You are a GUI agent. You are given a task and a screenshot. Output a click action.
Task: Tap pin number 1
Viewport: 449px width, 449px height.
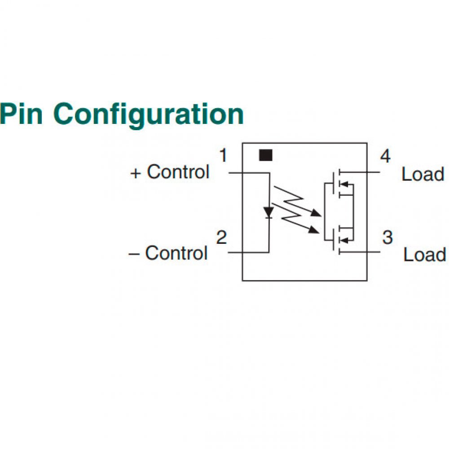click(223, 156)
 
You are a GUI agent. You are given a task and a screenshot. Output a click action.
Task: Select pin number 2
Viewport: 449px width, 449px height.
click(221, 238)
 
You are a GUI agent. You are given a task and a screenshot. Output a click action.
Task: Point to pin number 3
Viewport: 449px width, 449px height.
click(387, 237)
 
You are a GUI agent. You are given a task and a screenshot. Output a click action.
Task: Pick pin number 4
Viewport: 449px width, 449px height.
click(385, 156)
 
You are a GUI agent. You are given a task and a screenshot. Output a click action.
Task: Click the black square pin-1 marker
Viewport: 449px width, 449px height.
click(266, 155)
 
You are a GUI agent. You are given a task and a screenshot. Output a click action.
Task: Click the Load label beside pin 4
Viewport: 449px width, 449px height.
click(423, 174)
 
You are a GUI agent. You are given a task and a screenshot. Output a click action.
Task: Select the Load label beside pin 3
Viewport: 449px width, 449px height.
click(424, 255)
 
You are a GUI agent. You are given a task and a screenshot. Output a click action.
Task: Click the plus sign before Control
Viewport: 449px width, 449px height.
click(136, 173)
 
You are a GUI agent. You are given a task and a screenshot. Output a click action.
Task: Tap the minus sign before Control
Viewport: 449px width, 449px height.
click(134, 254)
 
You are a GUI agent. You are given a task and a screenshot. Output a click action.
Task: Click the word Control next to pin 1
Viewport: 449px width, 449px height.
click(178, 172)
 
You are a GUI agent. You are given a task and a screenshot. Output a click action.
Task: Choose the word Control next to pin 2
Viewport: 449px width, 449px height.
click(176, 253)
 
